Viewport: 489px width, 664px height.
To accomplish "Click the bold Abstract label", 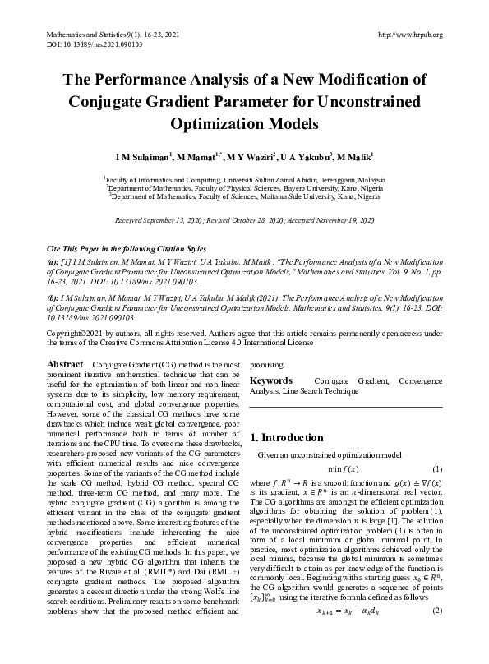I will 65,362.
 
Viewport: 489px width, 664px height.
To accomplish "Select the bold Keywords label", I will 271,381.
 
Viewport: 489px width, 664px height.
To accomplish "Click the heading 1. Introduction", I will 288,438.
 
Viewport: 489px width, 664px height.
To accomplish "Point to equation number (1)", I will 437,468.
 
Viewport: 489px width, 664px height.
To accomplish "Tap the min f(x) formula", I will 346,468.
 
